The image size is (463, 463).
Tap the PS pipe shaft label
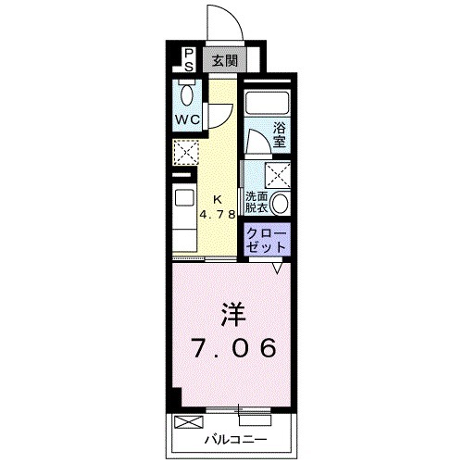[x=186, y=60]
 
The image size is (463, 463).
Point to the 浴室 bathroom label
[x=278, y=137]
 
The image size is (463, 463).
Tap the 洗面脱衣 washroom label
[x=258, y=203]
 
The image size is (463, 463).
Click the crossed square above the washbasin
[x=278, y=174]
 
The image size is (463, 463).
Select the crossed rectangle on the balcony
[x=186, y=422]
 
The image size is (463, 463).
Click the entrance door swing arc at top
[x=224, y=20]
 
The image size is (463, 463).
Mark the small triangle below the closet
[x=278, y=269]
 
